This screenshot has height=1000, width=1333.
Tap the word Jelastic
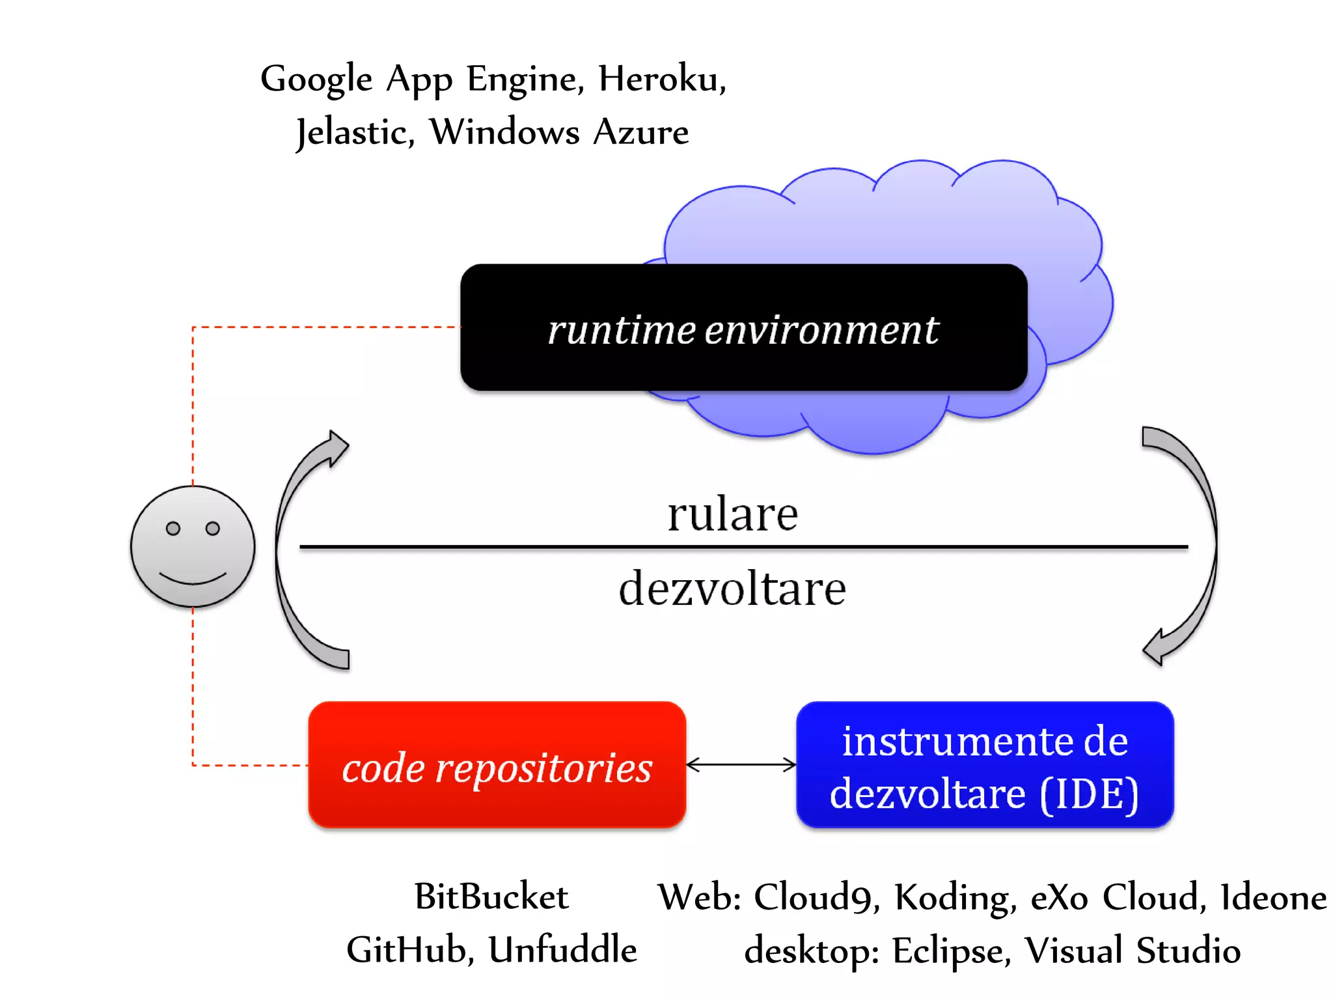(x=355, y=133)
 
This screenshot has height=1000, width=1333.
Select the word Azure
(x=640, y=133)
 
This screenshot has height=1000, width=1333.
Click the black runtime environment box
(x=743, y=328)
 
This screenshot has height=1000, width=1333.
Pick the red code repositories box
(x=497, y=766)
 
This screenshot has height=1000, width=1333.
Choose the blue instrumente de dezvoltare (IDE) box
(x=984, y=766)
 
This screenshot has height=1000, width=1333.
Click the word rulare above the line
(x=732, y=514)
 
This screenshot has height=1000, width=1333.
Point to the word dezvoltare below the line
(x=732, y=589)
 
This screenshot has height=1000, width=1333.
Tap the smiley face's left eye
(x=172, y=529)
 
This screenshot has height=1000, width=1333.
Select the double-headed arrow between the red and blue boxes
(x=741, y=765)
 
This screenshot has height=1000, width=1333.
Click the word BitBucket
(x=491, y=897)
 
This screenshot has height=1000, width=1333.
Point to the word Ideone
(x=1272, y=897)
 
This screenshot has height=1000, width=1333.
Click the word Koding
(x=954, y=897)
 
